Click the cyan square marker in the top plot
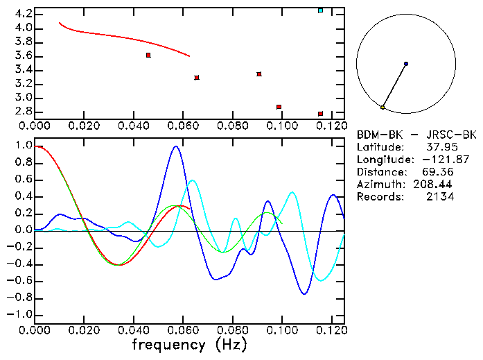click(x=320, y=10)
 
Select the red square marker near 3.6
click(x=148, y=55)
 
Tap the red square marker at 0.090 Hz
click(x=259, y=74)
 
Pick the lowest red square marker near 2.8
click(x=320, y=114)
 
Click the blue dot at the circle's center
click(x=406, y=64)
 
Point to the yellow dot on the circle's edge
click(x=383, y=107)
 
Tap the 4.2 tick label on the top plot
click(x=22, y=14)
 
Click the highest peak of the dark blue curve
click(x=176, y=146)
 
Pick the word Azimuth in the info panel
click(x=379, y=185)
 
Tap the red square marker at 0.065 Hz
click(x=197, y=78)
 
